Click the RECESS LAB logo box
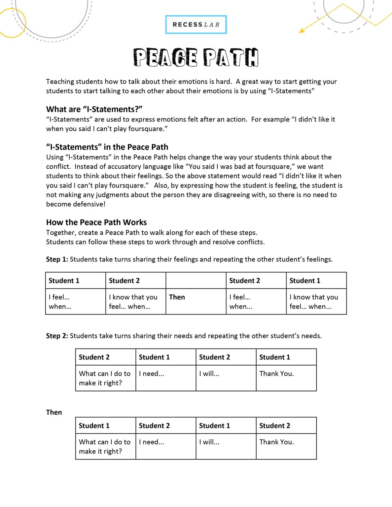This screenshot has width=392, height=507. tap(196, 24)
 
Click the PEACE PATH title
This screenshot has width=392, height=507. tap(196, 57)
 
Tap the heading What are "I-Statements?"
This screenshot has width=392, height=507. tap(94, 109)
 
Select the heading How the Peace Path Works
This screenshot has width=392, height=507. tap(96, 222)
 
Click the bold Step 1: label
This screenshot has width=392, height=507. tap(57, 259)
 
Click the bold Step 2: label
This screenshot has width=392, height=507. tap(57, 336)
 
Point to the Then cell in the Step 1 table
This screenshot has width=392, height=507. tap(177, 297)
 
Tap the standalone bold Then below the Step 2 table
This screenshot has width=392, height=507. tap(54, 412)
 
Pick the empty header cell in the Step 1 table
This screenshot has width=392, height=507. tap(196, 281)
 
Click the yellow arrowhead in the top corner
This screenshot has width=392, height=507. tap(301, 31)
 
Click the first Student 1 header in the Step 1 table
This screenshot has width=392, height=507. tap(64, 281)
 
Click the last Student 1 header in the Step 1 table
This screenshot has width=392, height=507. tap(305, 281)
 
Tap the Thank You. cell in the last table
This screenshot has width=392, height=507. tap(276, 442)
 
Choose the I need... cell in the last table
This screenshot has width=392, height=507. tap(152, 442)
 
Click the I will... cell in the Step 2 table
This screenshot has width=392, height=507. tap(209, 374)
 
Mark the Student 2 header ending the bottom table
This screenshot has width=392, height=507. tap(274, 426)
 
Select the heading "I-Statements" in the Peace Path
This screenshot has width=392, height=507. tap(107, 147)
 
